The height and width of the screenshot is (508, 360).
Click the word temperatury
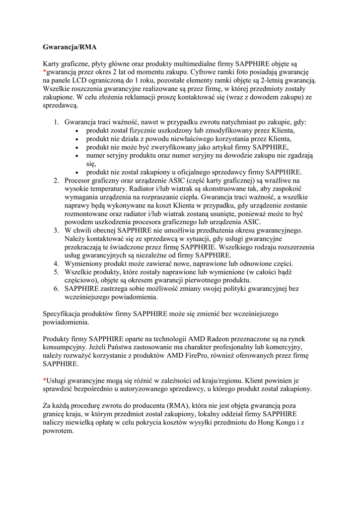(x=111, y=189)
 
